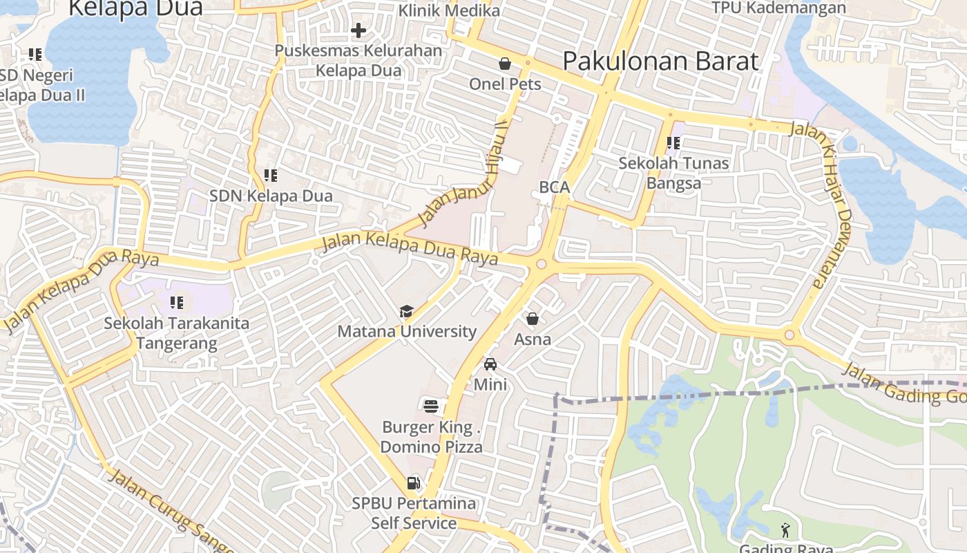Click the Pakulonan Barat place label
(x=660, y=61)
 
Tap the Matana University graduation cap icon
(x=406, y=312)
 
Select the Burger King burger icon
(x=431, y=405)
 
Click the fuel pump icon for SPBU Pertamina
(x=413, y=482)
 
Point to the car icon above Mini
(x=490, y=364)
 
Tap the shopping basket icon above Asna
(x=532, y=319)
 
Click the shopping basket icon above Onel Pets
(x=505, y=64)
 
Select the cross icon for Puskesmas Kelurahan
(x=358, y=30)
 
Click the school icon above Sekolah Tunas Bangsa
(x=673, y=143)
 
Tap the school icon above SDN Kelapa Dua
(x=271, y=176)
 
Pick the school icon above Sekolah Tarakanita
(x=177, y=302)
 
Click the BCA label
(x=554, y=187)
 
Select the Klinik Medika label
(x=449, y=10)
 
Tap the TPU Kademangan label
(x=778, y=8)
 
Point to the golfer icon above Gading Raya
(x=785, y=530)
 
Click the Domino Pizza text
(x=431, y=447)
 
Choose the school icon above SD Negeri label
(x=35, y=54)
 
